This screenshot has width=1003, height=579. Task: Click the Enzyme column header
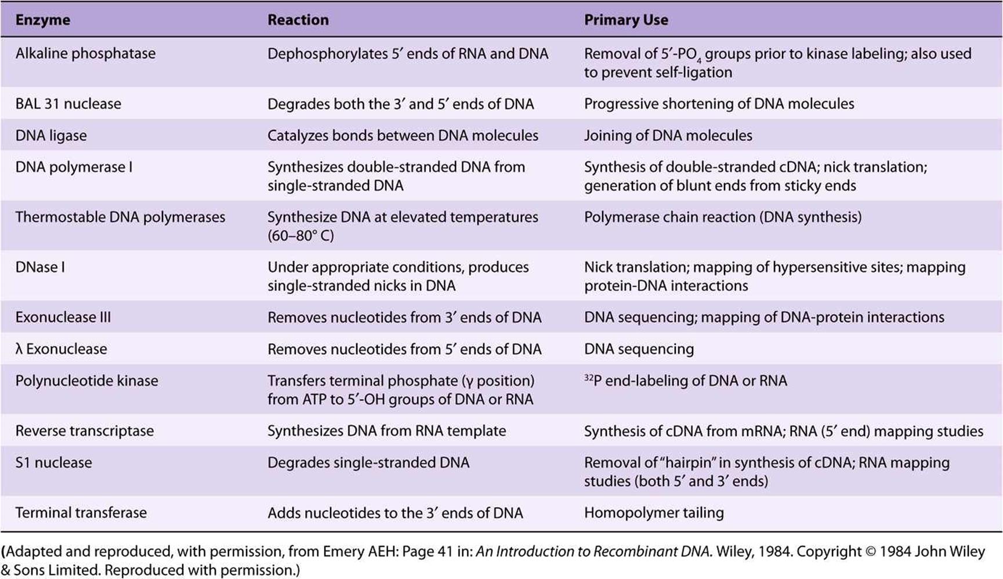coord(42,20)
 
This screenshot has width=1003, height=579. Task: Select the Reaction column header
coord(298,20)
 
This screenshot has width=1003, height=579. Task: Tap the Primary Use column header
coord(626,20)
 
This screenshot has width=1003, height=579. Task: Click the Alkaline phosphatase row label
coord(85,54)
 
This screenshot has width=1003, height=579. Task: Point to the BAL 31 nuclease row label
coord(68,104)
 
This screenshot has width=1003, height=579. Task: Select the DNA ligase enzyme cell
coord(51,136)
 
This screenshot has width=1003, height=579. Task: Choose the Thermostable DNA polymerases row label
coord(120,217)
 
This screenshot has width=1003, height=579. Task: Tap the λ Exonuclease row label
coord(61,349)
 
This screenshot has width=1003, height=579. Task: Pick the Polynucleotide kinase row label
coord(86,381)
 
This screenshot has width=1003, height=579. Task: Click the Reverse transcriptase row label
coord(85,431)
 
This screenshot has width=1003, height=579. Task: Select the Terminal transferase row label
coord(81,513)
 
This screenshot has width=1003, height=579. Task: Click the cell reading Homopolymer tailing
coord(654,513)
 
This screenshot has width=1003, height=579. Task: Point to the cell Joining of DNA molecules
coord(668,136)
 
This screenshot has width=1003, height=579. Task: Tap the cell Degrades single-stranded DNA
coord(368,463)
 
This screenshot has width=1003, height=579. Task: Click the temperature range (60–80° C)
coord(300,236)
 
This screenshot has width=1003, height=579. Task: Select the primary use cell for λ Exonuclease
coord(639,349)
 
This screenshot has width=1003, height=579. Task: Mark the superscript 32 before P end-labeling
coord(588,377)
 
